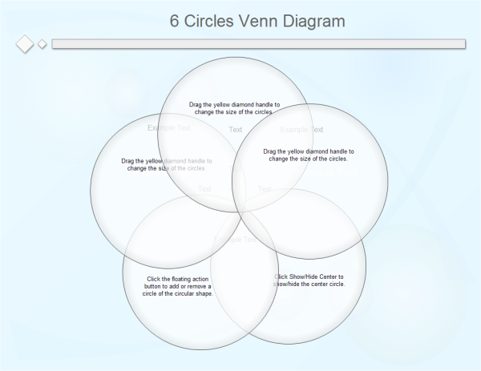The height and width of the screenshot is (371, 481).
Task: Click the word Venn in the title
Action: [x=261, y=21]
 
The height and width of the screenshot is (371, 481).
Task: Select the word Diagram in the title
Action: [x=315, y=21]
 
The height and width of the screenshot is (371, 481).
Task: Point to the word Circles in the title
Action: [x=211, y=21]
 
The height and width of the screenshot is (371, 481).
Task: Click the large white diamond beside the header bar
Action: [x=26, y=43]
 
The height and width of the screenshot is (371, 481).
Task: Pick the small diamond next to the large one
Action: [x=42, y=44]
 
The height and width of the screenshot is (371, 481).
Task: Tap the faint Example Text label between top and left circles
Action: [x=169, y=127]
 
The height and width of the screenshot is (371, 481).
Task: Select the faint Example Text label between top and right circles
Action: [x=302, y=129]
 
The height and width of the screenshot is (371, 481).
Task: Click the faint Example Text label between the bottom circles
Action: [x=236, y=239]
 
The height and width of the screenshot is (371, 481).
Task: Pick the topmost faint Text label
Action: [x=236, y=129]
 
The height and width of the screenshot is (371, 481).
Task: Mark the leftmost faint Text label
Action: [x=205, y=189]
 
